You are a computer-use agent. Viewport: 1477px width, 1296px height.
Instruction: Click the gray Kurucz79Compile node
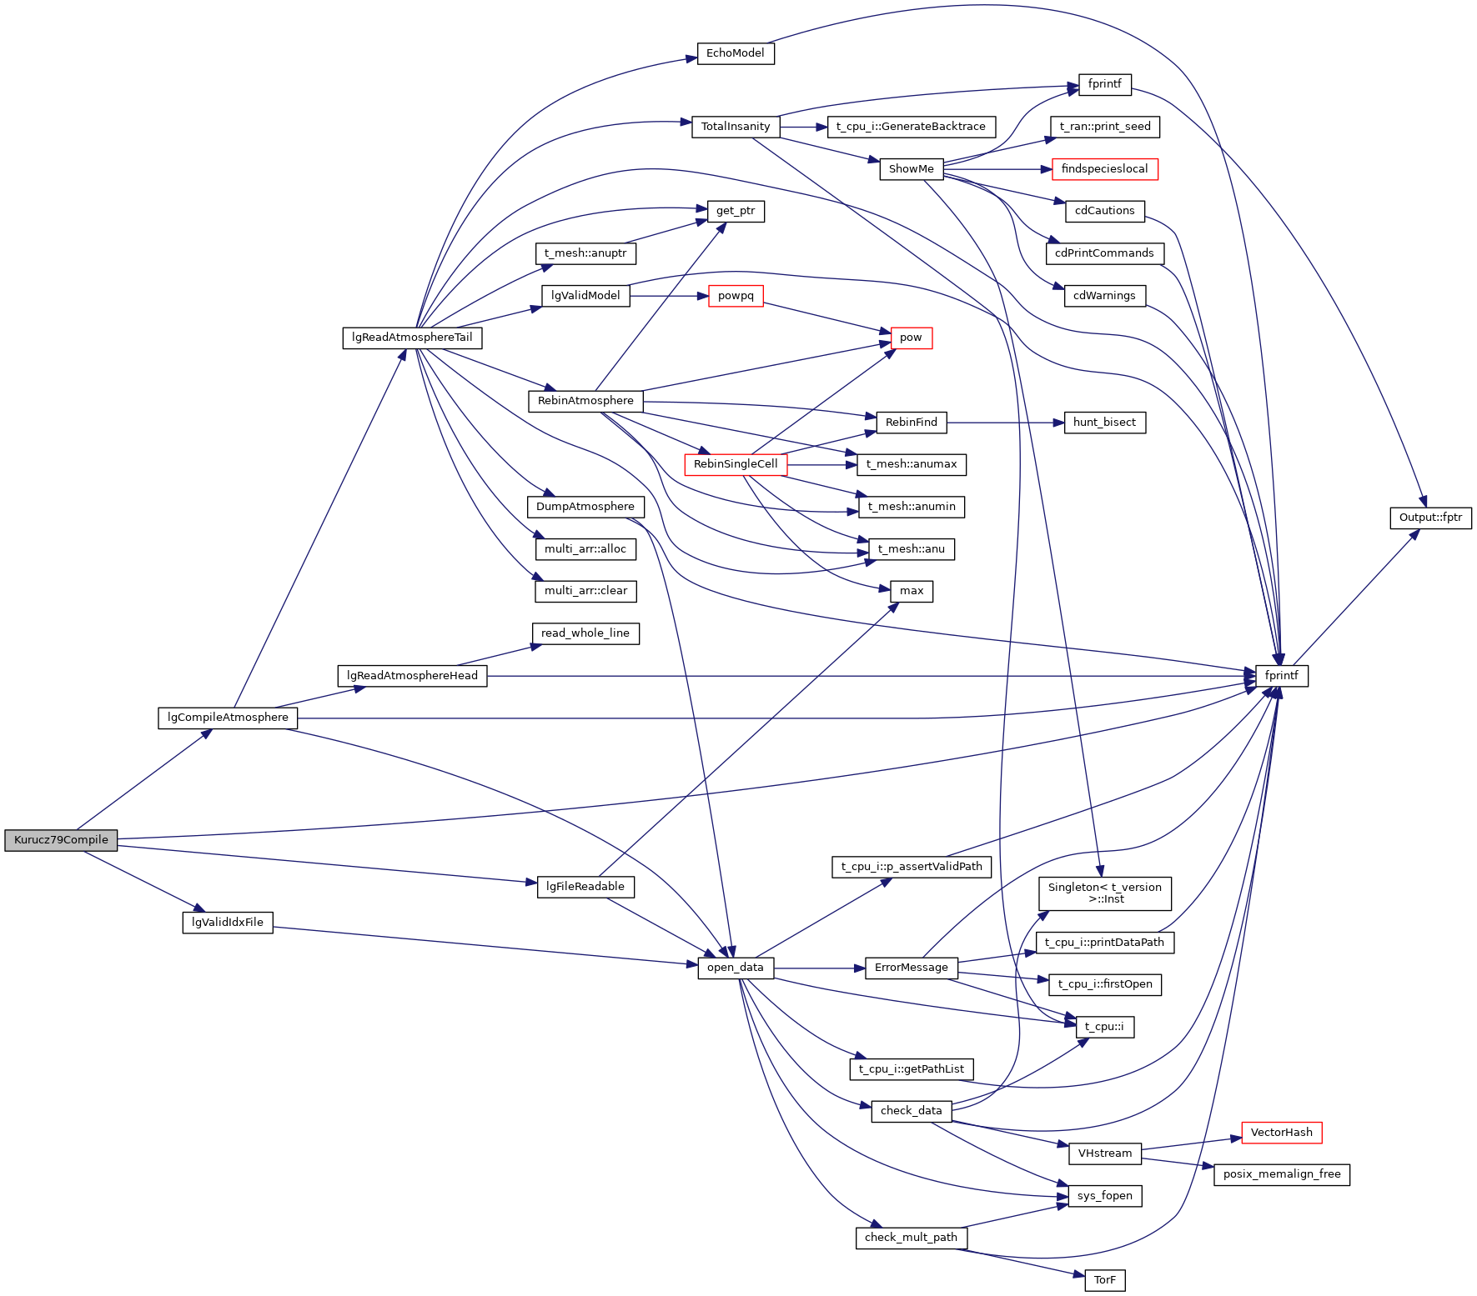click(61, 840)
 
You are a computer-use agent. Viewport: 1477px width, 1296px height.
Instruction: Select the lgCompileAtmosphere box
click(228, 718)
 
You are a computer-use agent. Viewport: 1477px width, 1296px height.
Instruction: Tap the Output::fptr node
click(1430, 518)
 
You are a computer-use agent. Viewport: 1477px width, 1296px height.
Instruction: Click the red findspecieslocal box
click(1104, 169)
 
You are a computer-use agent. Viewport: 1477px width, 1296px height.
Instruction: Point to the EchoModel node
click(735, 53)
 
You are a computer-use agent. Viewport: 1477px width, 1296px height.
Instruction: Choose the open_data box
click(735, 968)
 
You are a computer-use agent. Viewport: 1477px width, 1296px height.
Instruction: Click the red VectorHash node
click(1281, 1133)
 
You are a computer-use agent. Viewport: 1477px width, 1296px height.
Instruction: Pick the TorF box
click(1104, 1280)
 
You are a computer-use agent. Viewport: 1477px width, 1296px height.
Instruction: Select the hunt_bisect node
click(1104, 423)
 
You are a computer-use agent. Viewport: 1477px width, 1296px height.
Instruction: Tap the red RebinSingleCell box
click(735, 464)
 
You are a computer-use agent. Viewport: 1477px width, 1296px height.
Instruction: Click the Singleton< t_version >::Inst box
click(1104, 893)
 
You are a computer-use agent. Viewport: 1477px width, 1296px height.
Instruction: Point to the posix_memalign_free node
click(1281, 1174)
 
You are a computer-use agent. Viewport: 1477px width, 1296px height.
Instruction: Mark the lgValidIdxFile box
click(228, 923)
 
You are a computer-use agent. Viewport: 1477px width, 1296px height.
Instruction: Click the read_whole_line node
click(585, 633)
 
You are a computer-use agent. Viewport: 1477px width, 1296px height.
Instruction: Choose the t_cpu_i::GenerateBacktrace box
click(911, 127)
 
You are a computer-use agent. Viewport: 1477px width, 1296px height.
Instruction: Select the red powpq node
click(736, 296)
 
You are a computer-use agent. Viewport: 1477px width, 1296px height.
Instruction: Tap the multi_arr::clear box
click(585, 591)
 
